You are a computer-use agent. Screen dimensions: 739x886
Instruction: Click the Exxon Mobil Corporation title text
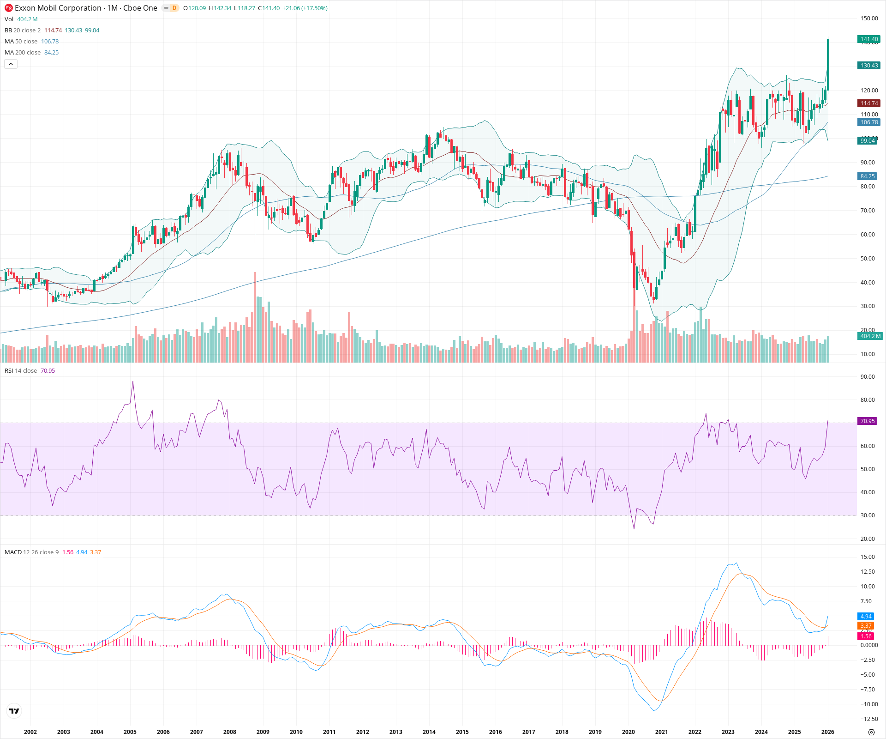point(58,8)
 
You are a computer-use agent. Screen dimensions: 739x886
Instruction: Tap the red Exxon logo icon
point(8,8)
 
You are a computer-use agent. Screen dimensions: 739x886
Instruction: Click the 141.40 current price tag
point(869,39)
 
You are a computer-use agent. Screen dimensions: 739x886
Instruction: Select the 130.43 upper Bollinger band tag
point(869,66)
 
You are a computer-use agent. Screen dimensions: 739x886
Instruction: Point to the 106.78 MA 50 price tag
point(869,122)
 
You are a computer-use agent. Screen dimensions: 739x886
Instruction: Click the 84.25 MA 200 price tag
point(868,176)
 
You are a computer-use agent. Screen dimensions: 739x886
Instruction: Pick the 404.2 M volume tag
point(870,336)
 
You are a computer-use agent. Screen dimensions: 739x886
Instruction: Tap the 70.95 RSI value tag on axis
point(868,421)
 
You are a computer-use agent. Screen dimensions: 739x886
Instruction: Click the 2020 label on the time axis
point(628,732)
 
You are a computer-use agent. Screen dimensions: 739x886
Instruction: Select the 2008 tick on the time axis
point(229,732)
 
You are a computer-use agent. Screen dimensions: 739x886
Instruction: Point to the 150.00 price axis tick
point(869,18)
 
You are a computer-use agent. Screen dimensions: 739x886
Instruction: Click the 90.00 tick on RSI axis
point(868,377)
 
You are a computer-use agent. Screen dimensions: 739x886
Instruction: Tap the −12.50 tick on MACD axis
point(869,719)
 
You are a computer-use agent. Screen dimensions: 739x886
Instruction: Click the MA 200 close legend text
point(23,53)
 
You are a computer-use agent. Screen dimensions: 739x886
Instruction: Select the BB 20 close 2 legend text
point(23,30)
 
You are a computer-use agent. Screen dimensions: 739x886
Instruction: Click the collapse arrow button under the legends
point(11,64)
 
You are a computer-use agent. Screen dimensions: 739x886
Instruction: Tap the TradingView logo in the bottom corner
point(14,711)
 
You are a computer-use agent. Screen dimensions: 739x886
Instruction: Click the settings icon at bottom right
point(871,733)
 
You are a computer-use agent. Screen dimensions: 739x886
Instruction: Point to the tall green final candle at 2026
point(828,65)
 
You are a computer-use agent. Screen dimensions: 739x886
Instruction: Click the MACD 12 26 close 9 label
point(31,552)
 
